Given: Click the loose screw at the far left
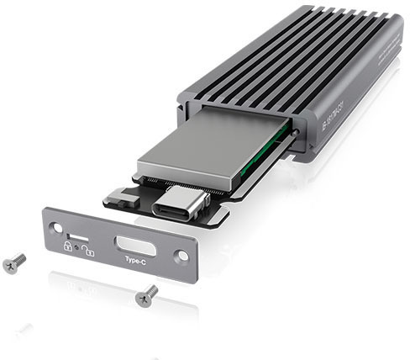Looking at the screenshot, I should pyautogui.click(x=14, y=262).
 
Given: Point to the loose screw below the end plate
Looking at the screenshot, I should pyautogui.click(x=146, y=294).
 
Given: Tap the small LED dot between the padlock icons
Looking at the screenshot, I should pyautogui.click(x=77, y=248).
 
